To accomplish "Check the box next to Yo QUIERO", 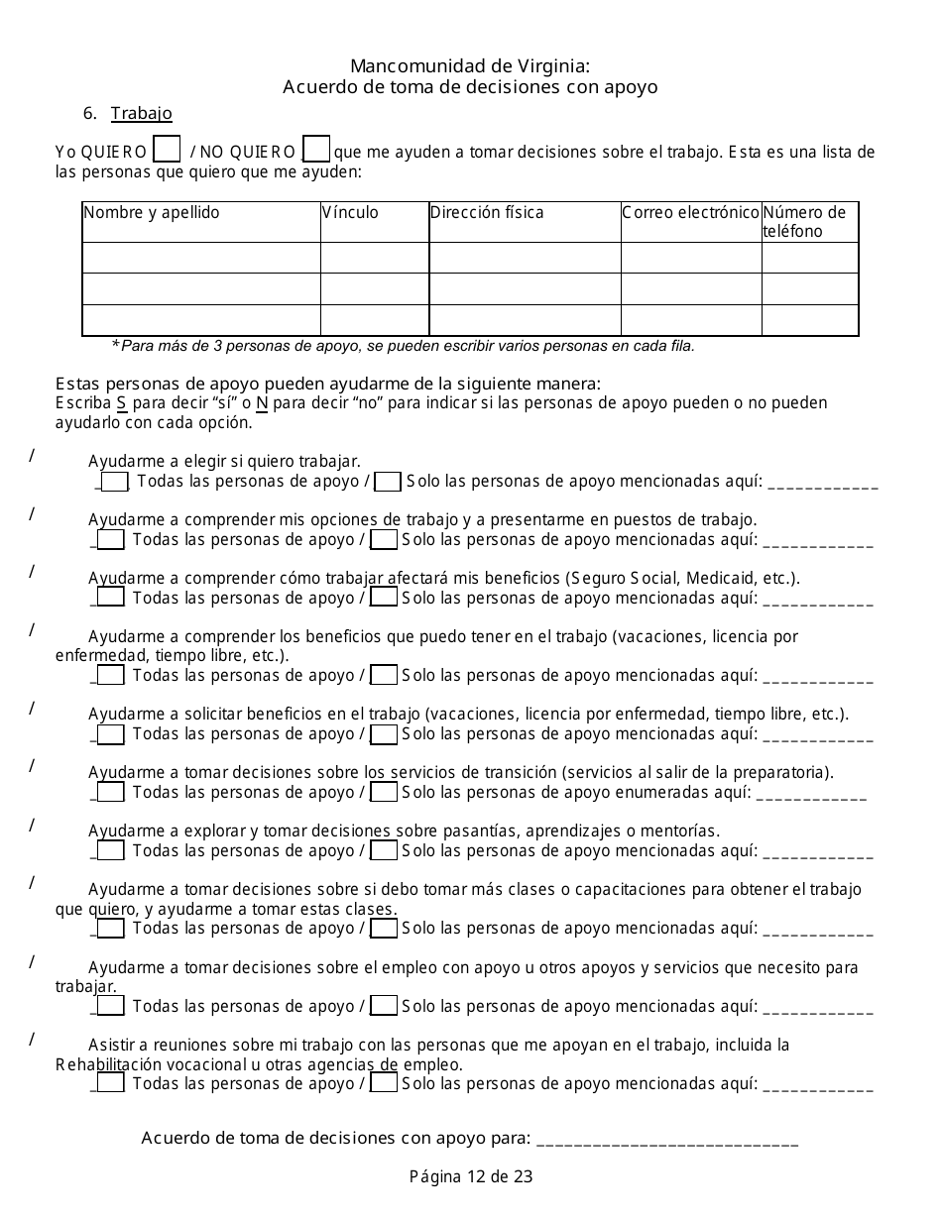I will [x=168, y=150].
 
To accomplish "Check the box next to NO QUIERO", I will [x=316, y=150].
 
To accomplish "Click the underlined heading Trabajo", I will [x=142, y=113].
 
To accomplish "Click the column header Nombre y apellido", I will [x=152, y=213].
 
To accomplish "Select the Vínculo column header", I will [x=350, y=213].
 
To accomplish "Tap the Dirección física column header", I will [x=487, y=213].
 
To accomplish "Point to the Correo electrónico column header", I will [x=690, y=213].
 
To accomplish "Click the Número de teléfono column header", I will [x=804, y=222].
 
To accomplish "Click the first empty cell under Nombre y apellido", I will [x=201, y=258].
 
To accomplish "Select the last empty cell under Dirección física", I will [x=525, y=320].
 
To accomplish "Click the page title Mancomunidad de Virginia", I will [x=470, y=66].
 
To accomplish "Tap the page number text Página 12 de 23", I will [x=471, y=1176].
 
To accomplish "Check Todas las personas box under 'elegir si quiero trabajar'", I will [x=115, y=482].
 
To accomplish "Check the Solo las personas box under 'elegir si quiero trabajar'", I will [x=389, y=482].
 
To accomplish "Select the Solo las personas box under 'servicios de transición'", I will [x=384, y=792].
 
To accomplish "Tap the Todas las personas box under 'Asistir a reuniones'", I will [x=111, y=1083].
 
